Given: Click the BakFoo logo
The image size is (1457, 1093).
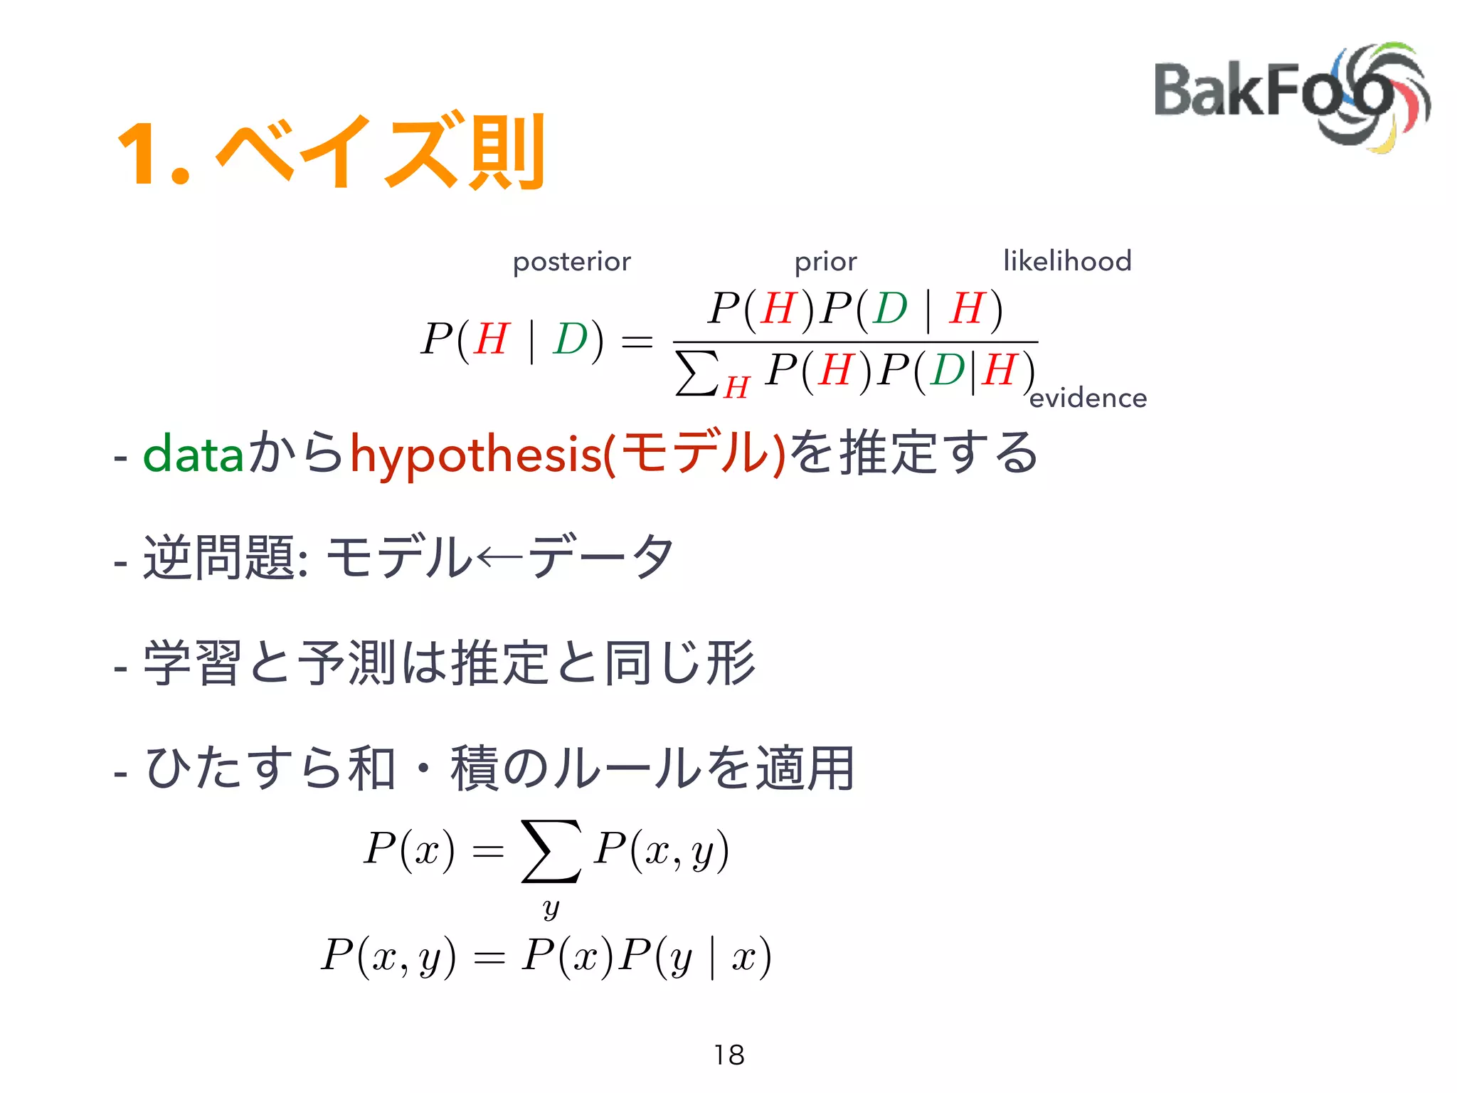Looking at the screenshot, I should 1291,96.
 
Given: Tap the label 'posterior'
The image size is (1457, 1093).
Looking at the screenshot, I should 571,262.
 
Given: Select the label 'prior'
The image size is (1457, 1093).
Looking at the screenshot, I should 825,262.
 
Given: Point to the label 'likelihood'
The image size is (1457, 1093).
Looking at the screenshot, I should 1066,261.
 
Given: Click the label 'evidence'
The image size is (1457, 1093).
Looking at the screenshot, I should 1088,398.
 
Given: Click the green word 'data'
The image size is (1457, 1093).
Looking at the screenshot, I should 193,454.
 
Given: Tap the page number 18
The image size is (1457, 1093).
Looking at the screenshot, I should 728,1055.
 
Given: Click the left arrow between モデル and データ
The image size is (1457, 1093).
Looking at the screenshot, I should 500,557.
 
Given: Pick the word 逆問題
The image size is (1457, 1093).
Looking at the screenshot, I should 220,557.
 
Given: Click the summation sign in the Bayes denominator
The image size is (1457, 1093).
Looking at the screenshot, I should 696,372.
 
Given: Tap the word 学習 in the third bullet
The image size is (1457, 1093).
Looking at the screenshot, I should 192,663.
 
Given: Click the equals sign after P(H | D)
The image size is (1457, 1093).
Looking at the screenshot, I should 637,341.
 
